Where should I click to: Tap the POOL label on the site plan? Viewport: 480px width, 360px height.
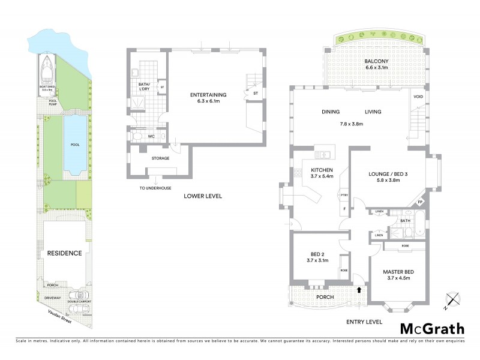[74, 145]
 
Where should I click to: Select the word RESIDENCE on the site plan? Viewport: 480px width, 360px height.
[64, 253]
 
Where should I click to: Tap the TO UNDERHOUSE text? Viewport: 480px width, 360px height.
[155, 188]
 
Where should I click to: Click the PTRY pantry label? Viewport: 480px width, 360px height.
[344, 195]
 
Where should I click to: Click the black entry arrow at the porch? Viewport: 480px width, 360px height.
[359, 289]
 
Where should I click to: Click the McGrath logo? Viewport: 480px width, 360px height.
[432, 328]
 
